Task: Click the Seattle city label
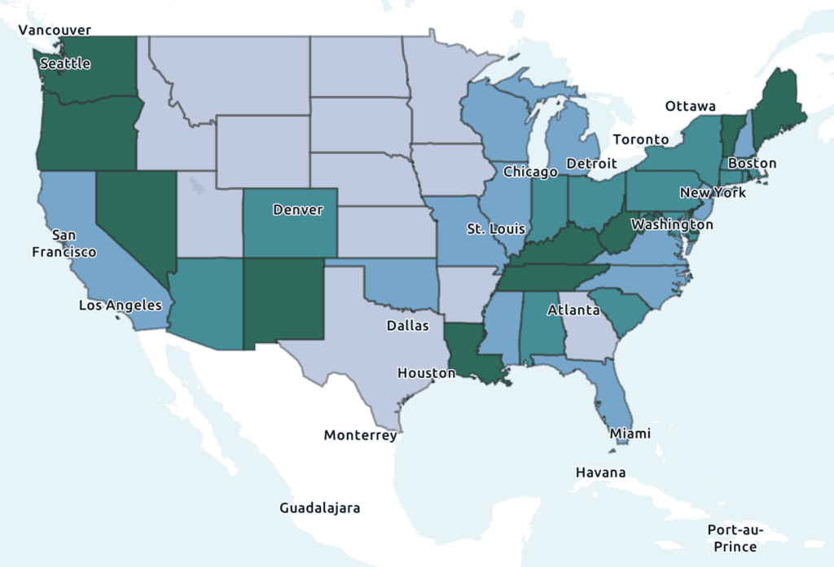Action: click(65, 64)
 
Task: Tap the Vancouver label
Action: click(55, 30)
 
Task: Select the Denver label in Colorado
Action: click(297, 210)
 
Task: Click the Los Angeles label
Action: click(121, 305)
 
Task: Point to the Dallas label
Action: click(407, 326)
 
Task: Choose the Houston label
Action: click(426, 373)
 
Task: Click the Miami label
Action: click(630, 433)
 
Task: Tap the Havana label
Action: click(601, 472)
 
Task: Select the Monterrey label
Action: click(360, 435)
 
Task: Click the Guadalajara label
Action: click(319, 508)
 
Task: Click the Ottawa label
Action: click(690, 107)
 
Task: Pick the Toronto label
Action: click(640, 139)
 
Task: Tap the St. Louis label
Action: click(496, 229)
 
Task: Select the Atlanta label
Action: click(573, 310)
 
